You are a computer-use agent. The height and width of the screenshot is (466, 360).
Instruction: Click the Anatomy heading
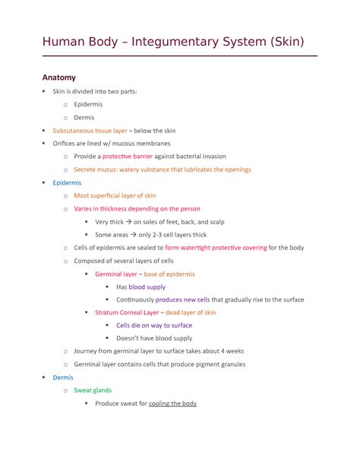coord(58,78)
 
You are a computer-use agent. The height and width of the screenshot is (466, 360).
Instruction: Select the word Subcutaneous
coord(73,130)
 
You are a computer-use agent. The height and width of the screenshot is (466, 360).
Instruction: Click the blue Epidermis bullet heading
coord(67,182)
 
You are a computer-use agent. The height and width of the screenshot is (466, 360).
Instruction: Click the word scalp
coord(216,221)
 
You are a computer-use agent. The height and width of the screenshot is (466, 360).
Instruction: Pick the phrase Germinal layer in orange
coord(116,274)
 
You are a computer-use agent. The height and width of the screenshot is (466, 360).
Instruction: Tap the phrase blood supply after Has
coord(147,287)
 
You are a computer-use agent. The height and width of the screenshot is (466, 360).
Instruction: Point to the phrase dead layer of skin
coord(191,312)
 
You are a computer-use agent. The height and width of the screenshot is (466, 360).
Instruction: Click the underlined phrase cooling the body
coord(173,403)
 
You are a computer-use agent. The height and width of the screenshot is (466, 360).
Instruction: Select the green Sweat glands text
coord(93,390)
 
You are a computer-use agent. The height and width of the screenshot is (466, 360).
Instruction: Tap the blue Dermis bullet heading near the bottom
coord(63,377)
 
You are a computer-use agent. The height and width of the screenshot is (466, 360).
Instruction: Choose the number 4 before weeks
coord(225,351)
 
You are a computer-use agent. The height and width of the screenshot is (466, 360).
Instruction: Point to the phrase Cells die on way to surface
coord(154,325)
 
